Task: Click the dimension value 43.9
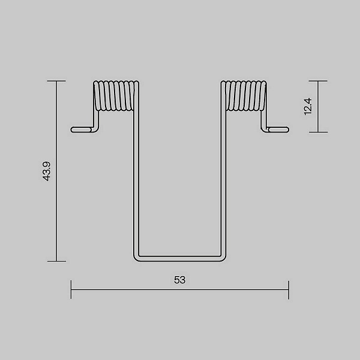[46, 171]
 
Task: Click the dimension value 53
[179, 280]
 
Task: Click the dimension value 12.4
[308, 106]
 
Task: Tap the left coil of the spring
[116, 96]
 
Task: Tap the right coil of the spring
[244, 96]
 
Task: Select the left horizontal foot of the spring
[82, 130]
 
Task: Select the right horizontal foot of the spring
[278, 130]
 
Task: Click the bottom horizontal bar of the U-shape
[180, 258]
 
